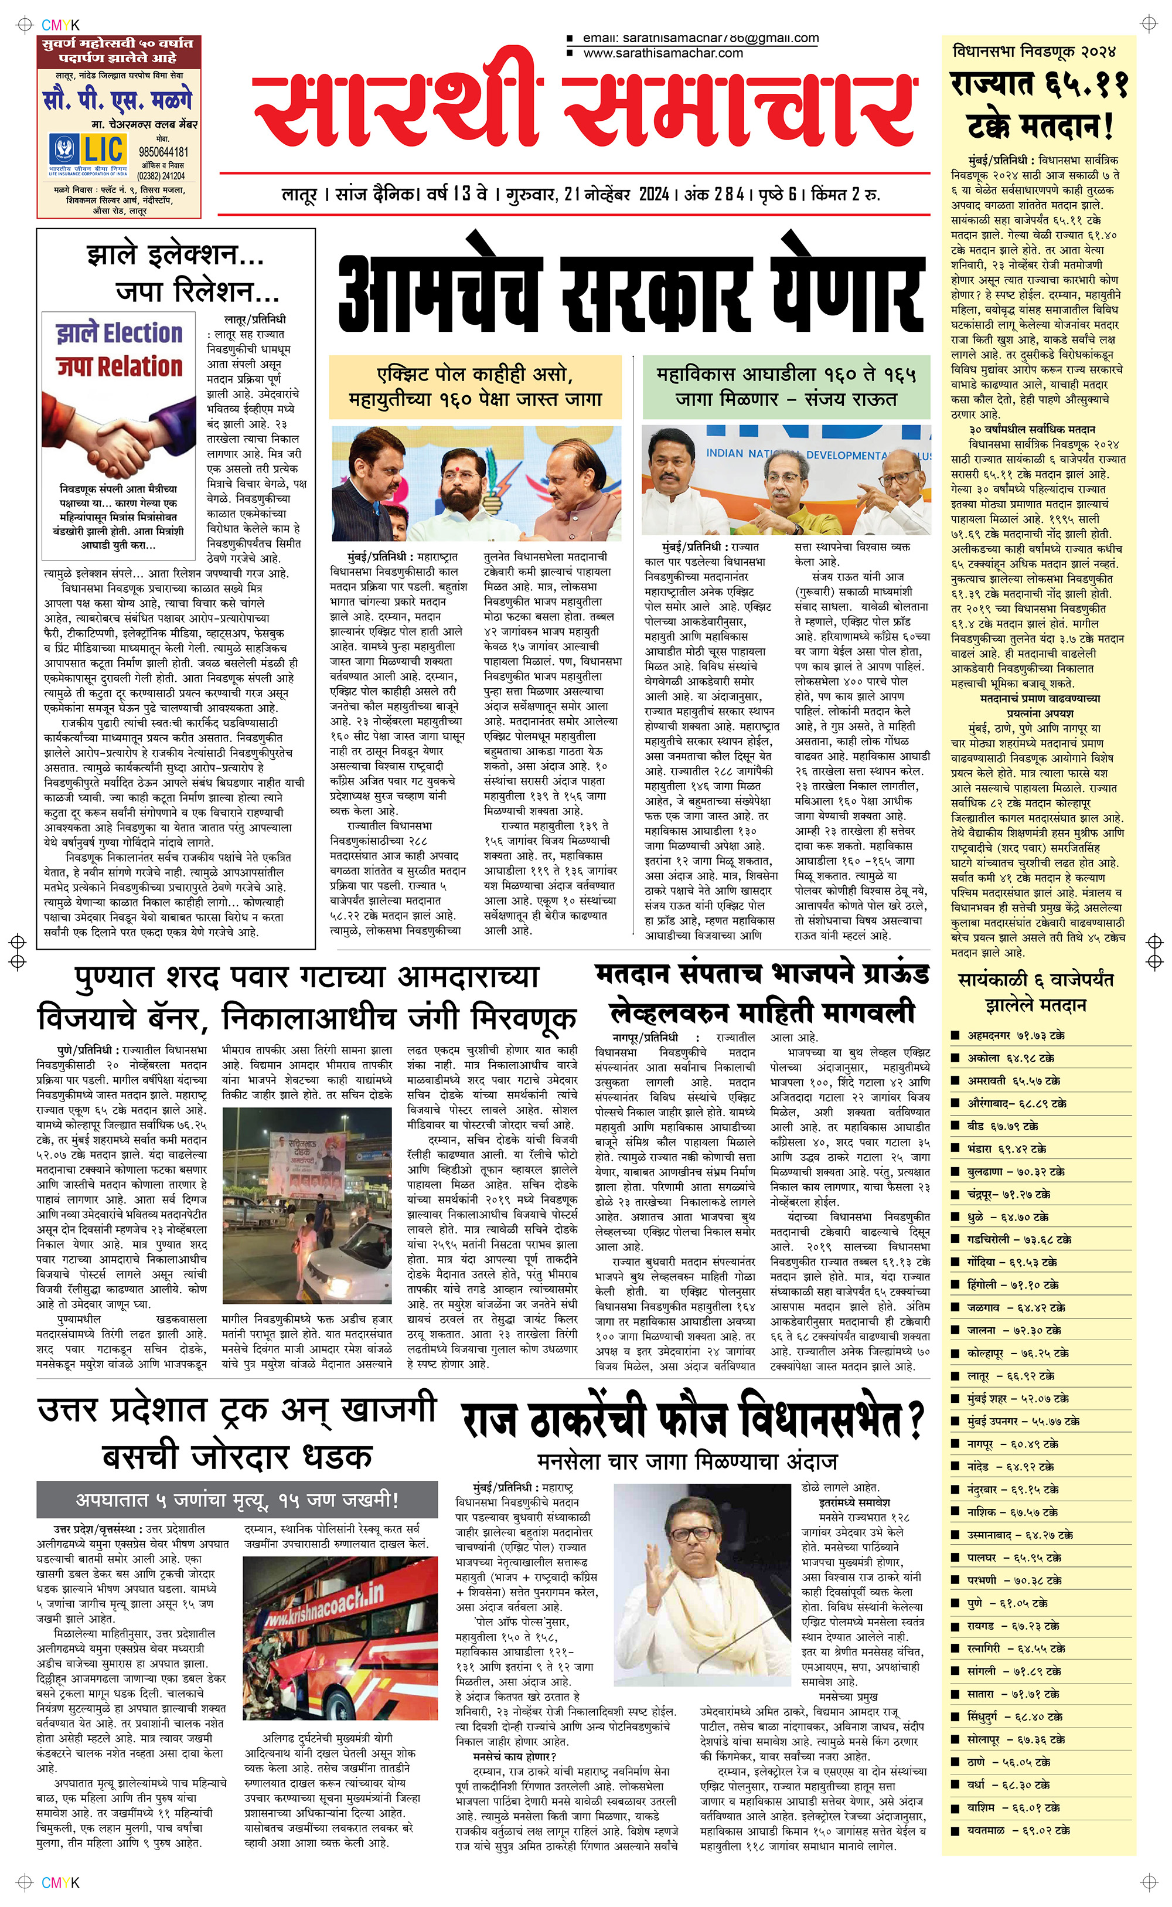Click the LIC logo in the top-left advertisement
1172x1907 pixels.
tap(87, 151)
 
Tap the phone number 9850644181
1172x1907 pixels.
tap(163, 152)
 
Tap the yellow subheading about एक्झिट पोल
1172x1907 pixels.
tap(475, 387)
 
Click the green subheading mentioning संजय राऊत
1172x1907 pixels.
tap(785, 387)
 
